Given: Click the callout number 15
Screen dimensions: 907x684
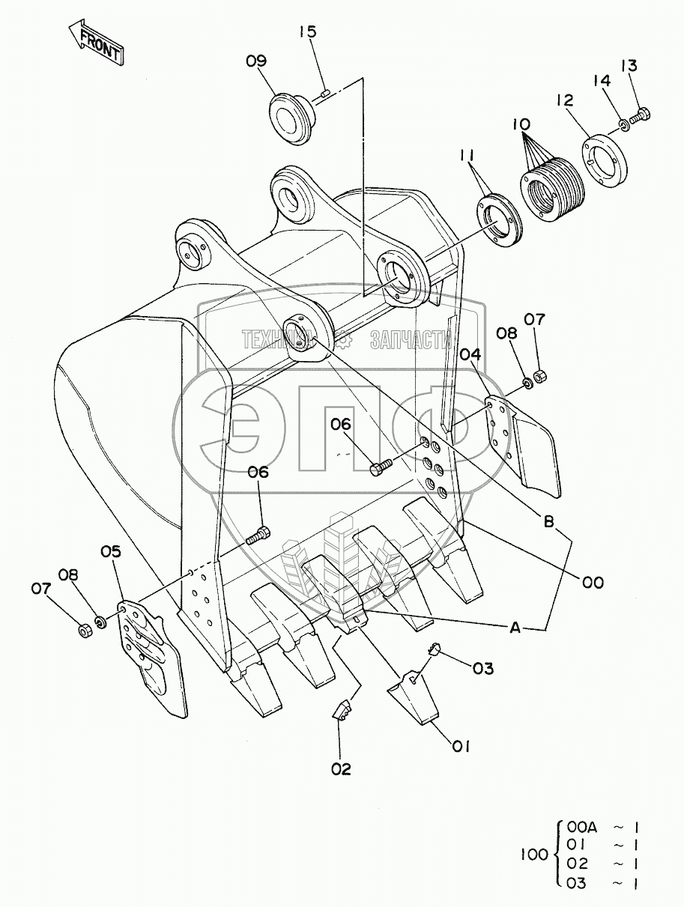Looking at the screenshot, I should point(308,31).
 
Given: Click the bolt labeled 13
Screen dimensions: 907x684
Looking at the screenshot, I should point(641,116).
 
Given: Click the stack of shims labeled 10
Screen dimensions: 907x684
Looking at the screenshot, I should point(551,186).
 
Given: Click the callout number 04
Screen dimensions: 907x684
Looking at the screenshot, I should point(470,354).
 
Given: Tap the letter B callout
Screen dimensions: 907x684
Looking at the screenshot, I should point(549,523).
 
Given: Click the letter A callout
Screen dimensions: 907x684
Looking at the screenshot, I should point(515,629).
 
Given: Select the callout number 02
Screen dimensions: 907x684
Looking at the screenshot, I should point(341,768).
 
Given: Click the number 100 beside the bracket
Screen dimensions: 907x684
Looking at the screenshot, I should point(534,855).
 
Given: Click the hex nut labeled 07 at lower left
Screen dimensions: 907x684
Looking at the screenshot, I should point(85,630).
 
